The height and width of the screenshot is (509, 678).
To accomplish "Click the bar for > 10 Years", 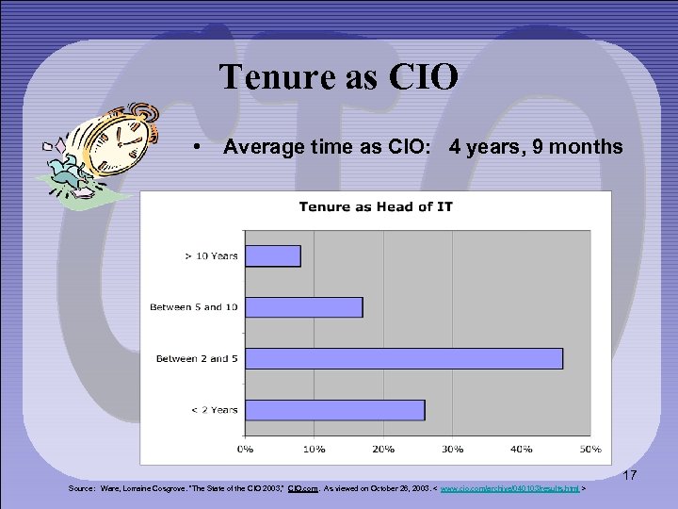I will (x=272, y=255).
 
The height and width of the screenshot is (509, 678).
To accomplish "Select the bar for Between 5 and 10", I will (x=303, y=307).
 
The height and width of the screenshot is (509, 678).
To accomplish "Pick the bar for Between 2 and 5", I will (x=403, y=358).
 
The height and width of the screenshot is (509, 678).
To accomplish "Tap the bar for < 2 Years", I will (x=334, y=410).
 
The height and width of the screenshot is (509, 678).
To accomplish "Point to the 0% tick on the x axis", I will (x=244, y=448).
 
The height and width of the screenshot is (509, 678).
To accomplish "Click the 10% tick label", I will (x=314, y=448).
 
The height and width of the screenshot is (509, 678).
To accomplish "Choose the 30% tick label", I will (x=452, y=448).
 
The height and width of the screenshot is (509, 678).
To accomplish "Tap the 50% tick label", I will (x=589, y=448).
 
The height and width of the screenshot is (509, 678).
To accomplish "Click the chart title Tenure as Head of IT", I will (x=376, y=206).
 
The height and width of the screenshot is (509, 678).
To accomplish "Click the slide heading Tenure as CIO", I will (x=339, y=76).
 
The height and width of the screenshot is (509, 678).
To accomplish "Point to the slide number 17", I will (x=629, y=476).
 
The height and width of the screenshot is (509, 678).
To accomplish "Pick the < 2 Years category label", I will (x=211, y=410).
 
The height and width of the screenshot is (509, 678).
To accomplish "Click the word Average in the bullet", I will (x=258, y=147).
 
